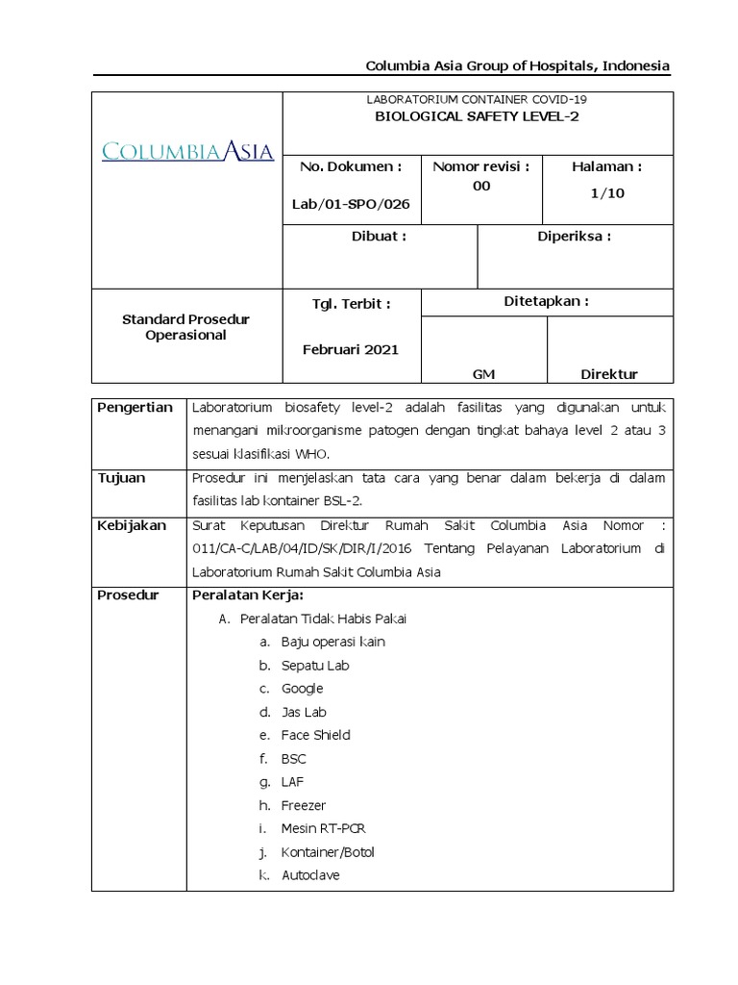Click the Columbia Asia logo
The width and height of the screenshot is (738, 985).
(x=187, y=151)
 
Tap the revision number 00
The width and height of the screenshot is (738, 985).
(x=481, y=186)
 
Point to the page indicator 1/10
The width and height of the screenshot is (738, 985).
(x=606, y=192)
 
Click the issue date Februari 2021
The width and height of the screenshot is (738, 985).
(x=350, y=349)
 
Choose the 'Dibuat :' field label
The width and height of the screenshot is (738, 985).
(x=380, y=236)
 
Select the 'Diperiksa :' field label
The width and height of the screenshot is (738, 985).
(x=574, y=236)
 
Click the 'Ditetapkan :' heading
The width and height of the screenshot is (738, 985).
(x=547, y=300)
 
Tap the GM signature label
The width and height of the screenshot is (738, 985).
(x=483, y=374)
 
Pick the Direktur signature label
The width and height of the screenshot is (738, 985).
(x=609, y=374)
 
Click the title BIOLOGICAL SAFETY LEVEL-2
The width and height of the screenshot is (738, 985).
(x=477, y=116)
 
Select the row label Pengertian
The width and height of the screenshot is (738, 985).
(x=135, y=407)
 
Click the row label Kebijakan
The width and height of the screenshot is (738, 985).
(x=132, y=525)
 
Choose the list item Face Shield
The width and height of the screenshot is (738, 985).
(x=315, y=735)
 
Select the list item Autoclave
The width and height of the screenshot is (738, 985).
(x=310, y=875)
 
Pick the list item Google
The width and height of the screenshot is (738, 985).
(x=302, y=689)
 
